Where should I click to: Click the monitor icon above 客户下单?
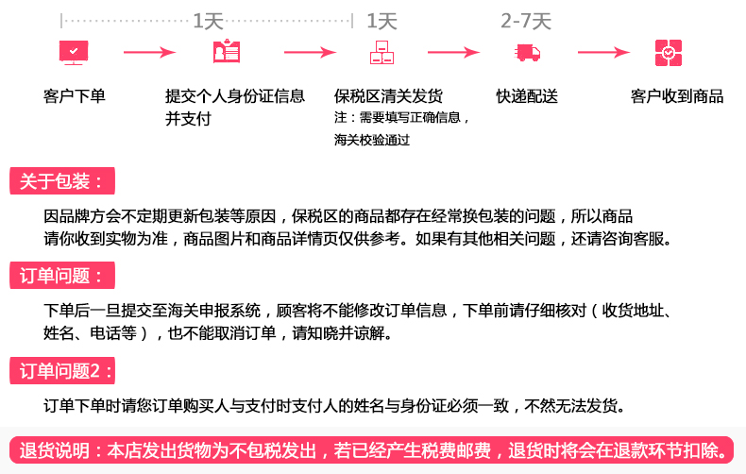tap(74, 52)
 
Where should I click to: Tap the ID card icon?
tap(227, 51)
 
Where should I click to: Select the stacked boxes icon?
tap(381, 52)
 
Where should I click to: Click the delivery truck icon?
tap(527, 52)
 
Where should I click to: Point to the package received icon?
tap(669, 52)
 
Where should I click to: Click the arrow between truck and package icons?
tap(603, 52)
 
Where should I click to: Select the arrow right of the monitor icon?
tap(149, 52)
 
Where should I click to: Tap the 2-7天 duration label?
tap(526, 21)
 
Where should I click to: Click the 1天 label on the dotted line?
tap(208, 21)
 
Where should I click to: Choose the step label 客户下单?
tap(75, 96)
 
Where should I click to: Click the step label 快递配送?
tap(527, 96)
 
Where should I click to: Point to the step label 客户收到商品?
tap(677, 96)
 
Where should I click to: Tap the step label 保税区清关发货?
tap(388, 96)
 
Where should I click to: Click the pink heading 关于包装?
tap(62, 181)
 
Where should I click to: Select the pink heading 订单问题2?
tap(62, 371)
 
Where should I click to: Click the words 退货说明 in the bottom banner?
tap(54, 450)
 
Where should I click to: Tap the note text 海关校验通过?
tap(371, 140)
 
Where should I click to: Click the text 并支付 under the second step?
tap(189, 119)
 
